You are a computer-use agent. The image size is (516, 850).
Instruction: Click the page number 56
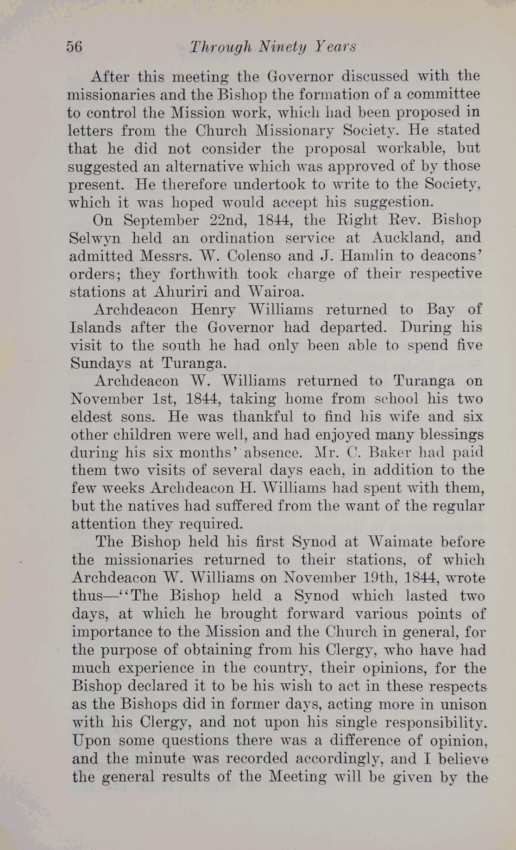[x=74, y=47]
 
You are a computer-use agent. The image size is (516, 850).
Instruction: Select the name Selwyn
[x=95, y=238]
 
